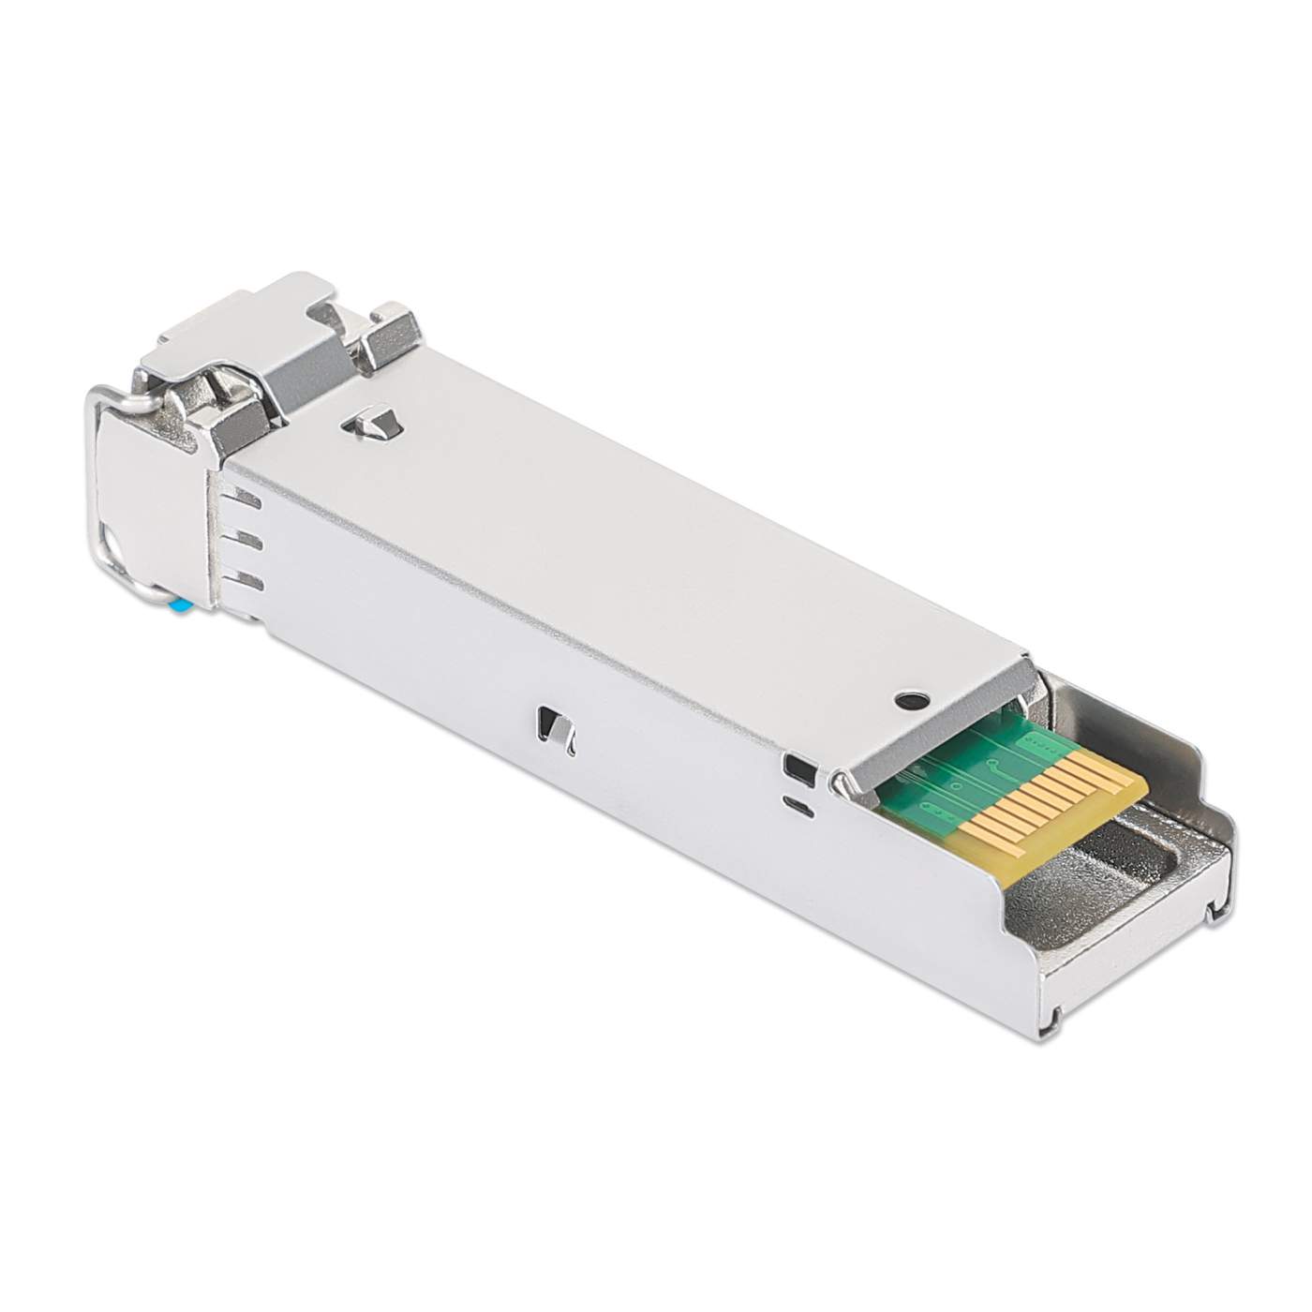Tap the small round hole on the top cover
907,699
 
